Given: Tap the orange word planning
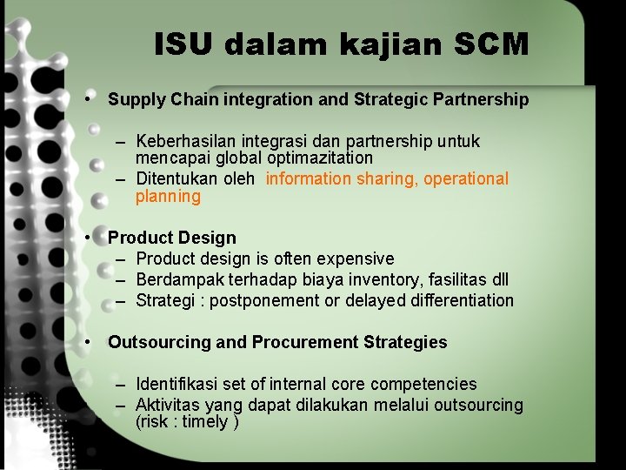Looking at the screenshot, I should (x=168, y=196).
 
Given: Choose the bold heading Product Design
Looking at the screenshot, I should (x=172, y=238).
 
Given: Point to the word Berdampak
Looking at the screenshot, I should (x=178, y=279).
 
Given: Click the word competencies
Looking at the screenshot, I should (x=423, y=384).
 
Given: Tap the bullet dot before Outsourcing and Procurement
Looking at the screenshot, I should (x=90, y=341).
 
